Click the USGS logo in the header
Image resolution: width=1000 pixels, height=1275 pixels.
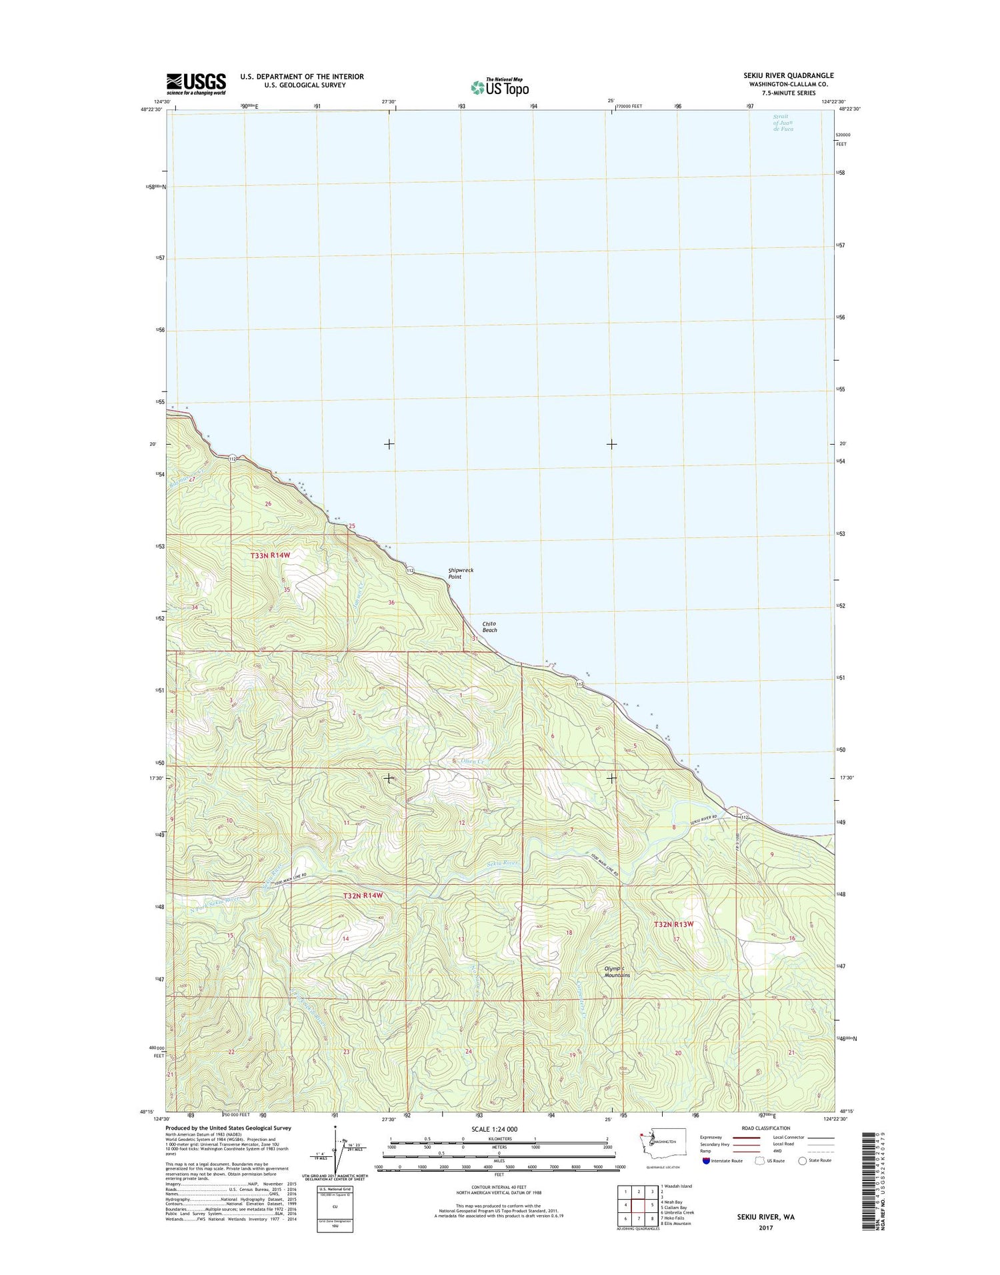point(196,83)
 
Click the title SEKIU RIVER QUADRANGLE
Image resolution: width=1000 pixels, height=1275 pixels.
point(779,75)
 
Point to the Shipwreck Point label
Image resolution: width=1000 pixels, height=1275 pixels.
point(461,573)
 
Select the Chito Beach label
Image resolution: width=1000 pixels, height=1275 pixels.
point(490,627)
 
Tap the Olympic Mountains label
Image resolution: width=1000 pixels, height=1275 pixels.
point(617,972)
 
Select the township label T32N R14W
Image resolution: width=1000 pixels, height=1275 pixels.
point(363,896)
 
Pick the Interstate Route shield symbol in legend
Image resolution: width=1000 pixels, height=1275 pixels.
point(706,1160)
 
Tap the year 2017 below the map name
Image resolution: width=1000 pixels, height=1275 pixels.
point(765,1228)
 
